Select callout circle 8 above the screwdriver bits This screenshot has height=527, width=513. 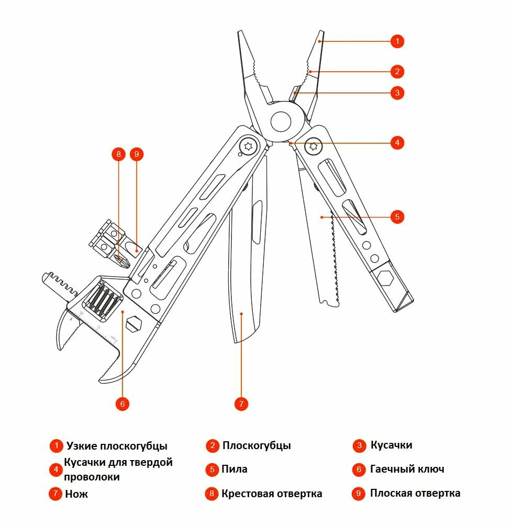coord(119,154)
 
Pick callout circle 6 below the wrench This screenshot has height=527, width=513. coord(122,404)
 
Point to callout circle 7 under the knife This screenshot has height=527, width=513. coord(241,404)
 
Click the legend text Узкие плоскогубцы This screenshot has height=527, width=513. coord(117,446)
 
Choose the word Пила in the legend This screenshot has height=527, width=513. coord(234,469)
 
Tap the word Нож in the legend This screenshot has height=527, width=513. coord(76,494)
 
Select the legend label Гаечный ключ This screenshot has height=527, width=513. coord(407,469)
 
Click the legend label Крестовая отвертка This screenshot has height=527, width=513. coord(272,494)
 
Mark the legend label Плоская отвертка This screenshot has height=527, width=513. coord(415,493)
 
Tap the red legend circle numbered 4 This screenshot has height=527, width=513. coord(56,469)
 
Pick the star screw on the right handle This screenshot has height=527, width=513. coord(314,146)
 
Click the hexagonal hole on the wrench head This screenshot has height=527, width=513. coord(134,323)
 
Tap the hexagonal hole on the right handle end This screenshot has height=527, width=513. coord(386,278)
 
